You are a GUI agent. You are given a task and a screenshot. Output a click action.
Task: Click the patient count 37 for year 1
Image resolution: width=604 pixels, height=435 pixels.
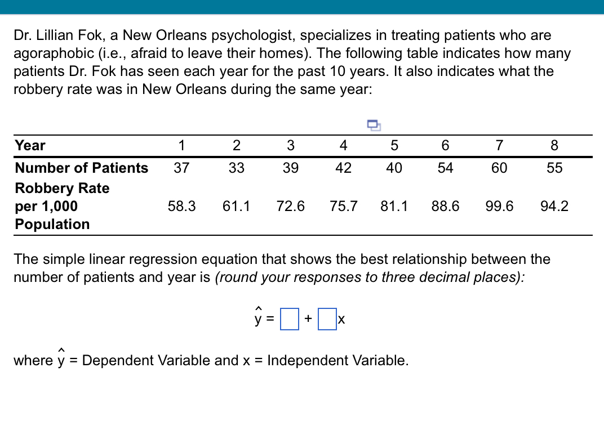(x=181, y=168)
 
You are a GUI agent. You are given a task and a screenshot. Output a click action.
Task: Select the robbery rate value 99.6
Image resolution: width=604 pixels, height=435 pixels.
(x=499, y=206)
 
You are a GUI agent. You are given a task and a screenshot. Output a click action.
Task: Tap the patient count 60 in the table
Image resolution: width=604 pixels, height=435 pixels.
(x=499, y=168)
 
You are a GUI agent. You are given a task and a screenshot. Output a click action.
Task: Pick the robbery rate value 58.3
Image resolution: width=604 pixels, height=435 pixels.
(x=181, y=206)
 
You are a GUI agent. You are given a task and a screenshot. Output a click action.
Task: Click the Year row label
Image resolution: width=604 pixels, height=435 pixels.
(x=30, y=145)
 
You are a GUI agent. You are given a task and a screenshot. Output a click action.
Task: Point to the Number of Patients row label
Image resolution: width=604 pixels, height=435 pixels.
(x=82, y=168)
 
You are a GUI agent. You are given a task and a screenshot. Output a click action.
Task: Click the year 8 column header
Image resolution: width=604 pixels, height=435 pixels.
(x=554, y=145)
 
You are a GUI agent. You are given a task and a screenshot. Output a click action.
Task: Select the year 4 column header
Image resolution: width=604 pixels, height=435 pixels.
(x=343, y=145)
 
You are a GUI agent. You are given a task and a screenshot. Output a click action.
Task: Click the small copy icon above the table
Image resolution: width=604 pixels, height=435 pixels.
(x=374, y=124)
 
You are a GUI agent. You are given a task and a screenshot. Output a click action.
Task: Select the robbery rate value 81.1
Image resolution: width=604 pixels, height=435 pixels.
(x=394, y=206)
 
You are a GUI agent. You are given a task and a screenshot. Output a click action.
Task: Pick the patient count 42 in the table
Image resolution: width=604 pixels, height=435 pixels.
(x=343, y=168)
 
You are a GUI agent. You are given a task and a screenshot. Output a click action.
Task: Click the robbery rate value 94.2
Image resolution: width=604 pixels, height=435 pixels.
(x=554, y=206)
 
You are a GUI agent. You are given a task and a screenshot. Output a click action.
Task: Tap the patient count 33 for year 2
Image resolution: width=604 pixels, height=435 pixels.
(x=236, y=168)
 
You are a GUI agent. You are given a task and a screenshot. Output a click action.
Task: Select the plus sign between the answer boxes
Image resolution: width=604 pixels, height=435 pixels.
(x=308, y=319)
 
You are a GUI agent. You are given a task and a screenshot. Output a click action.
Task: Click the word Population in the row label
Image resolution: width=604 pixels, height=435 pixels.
(x=52, y=224)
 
